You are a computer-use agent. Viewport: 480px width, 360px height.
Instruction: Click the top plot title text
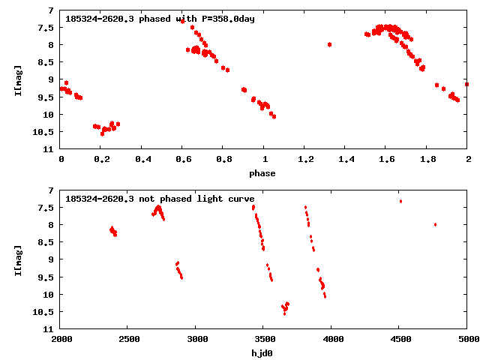160,19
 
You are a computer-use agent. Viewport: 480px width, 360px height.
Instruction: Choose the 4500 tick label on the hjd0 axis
400,339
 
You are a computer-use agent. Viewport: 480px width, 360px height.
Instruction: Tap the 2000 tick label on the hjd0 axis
61,339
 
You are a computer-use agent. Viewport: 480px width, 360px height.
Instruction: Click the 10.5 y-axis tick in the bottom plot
46,312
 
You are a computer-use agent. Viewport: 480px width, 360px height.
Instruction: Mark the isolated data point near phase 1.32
329,44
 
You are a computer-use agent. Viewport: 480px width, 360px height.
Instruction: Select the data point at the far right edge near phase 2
466,84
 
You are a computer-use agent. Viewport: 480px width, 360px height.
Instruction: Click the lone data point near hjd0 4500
400,201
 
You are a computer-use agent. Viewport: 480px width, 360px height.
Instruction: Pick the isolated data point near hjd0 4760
435,224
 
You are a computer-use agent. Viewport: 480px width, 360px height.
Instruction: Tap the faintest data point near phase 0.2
102,133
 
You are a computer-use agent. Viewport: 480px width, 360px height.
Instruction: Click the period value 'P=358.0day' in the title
227,19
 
